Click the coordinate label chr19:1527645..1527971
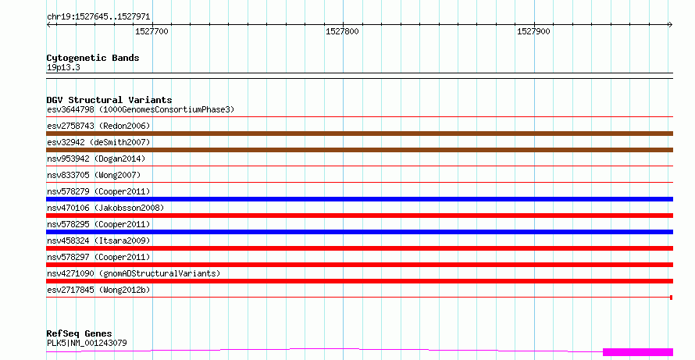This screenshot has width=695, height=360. (x=98, y=17)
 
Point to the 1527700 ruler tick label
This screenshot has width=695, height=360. (x=151, y=31)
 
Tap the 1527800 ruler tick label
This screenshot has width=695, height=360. (x=342, y=31)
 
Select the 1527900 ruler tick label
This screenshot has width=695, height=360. (x=533, y=31)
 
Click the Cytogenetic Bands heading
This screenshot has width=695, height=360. (x=93, y=58)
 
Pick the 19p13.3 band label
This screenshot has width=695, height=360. (x=63, y=67)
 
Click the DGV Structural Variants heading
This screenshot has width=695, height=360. (x=109, y=100)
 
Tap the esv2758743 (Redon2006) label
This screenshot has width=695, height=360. (x=98, y=126)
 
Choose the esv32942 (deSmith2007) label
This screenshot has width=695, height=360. (x=98, y=142)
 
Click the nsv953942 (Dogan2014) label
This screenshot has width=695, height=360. (x=96, y=159)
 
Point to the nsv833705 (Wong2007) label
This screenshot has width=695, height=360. (x=94, y=175)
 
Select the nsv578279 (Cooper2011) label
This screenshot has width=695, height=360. (x=98, y=191)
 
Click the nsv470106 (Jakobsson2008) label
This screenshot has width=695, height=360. (x=105, y=208)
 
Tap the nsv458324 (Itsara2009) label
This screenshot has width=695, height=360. (x=98, y=241)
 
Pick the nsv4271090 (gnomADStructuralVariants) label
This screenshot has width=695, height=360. (x=134, y=273)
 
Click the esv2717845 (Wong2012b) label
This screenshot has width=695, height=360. (x=98, y=290)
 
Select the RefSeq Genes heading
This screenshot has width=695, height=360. (x=79, y=333)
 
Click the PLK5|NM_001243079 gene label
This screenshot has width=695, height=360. (x=87, y=343)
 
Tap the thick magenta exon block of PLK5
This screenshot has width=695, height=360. (x=638, y=352)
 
